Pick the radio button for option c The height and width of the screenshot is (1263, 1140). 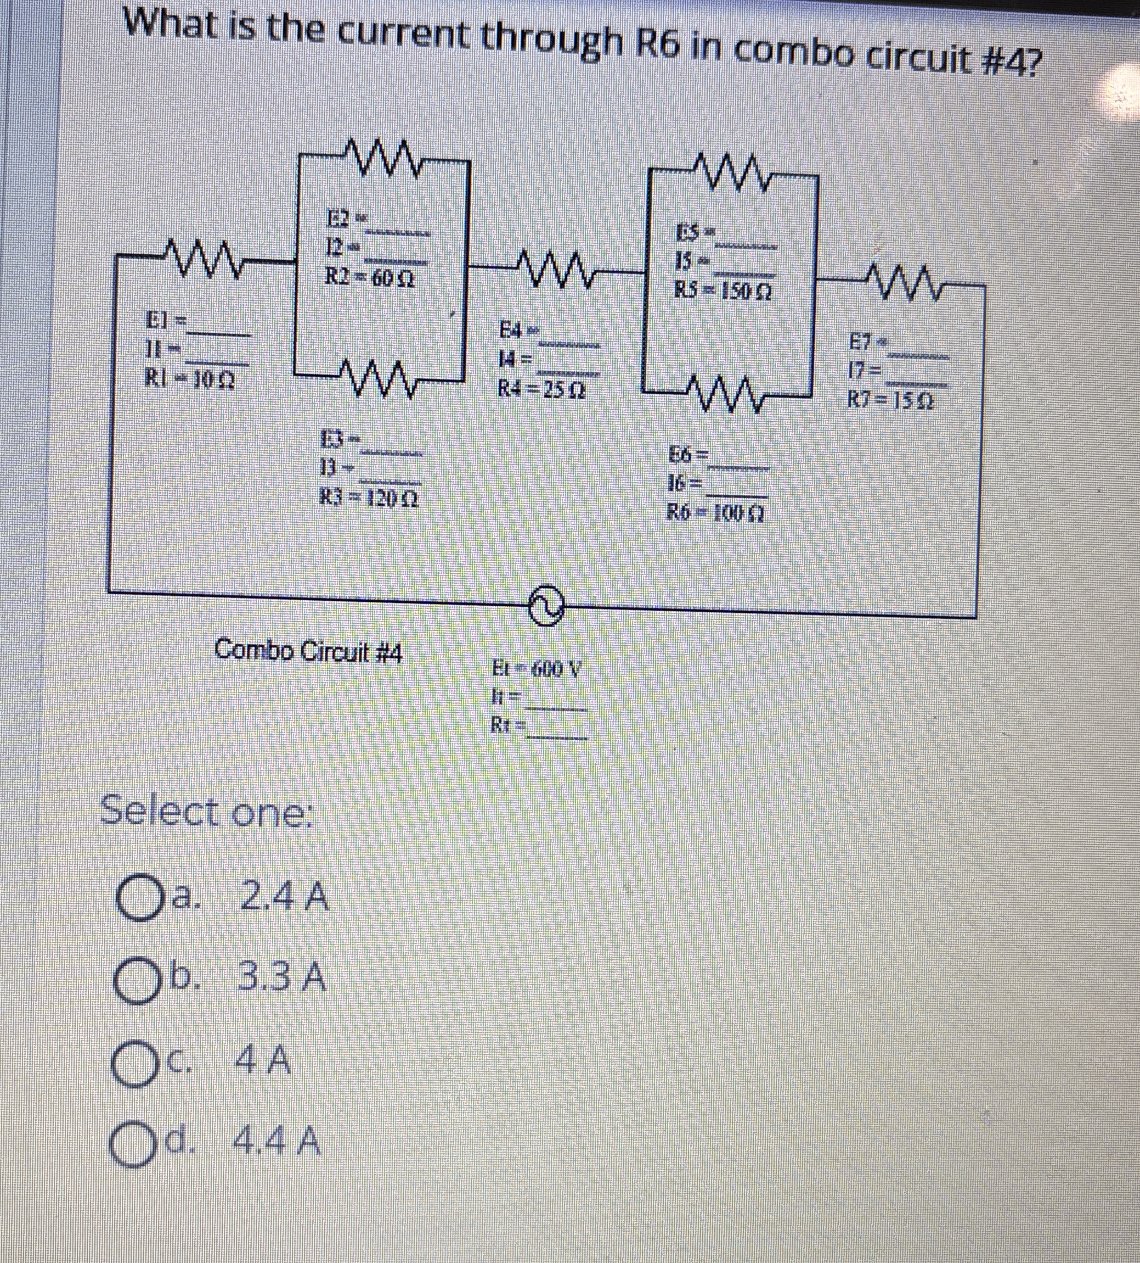click(133, 1063)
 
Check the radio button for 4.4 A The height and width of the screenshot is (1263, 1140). click(133, 1146)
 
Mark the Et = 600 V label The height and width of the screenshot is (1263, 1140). click(537, 669)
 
